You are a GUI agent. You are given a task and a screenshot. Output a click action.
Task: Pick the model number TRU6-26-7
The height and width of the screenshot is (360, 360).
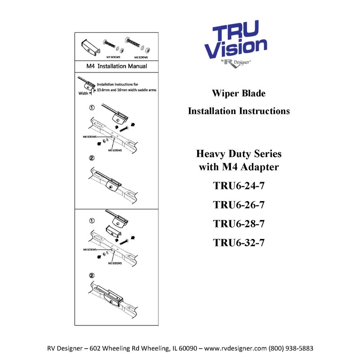coord(238,206)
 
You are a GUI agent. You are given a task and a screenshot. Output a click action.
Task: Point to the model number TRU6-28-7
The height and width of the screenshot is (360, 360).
coord(238,225)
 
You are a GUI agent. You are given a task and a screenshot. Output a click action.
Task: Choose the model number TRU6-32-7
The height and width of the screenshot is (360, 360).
coord(238,243)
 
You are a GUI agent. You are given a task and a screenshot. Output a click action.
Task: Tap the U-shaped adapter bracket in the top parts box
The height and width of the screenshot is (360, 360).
coord(89,46)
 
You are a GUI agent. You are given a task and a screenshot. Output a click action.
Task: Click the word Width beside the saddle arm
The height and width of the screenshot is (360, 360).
coord(84,94)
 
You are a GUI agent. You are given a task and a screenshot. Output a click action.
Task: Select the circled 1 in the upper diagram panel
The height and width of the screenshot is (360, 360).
coord(91,108)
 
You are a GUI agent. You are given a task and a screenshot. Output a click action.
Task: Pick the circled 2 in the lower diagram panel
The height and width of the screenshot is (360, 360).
coord(92,275)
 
